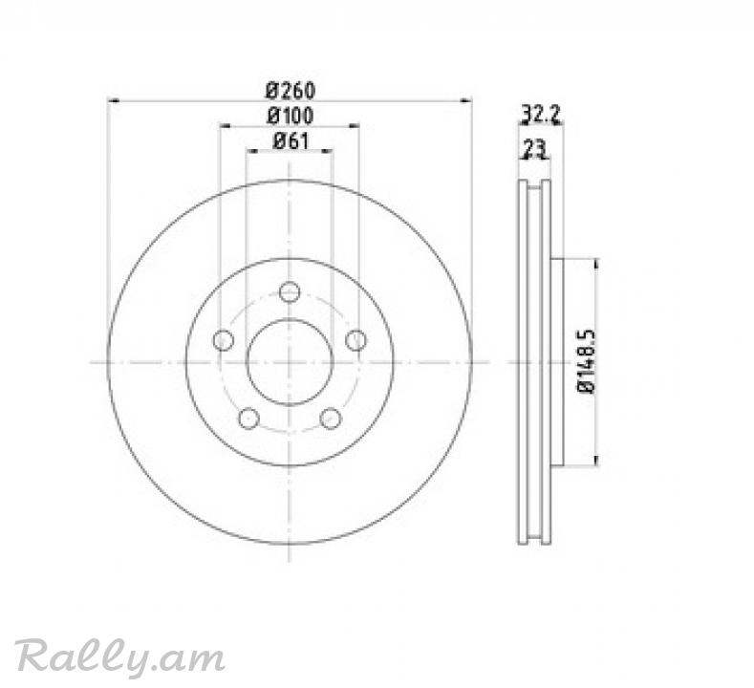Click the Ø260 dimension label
pyautogui.click(x=291, y=90)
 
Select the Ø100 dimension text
pyautogui.click(x=291, y=116)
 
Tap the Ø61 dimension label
pyautogui.click(x=291, y=140)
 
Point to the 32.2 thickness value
pyautogui.click(x=541, y=115)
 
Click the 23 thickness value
pyautogui.click(x=535, y=148)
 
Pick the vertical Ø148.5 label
pyautogui.click(x=586, y=361)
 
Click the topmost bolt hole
pyautogui.click(x=290, y=291)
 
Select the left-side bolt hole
pyautogui.click(x=223, y=340)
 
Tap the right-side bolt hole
pyautogui.click(x=355, y=340)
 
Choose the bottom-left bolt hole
pyautogui.click(x=248, y=419)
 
